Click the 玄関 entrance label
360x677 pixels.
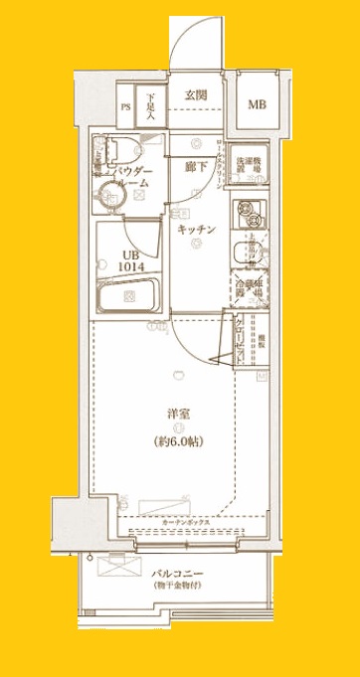[196, 95]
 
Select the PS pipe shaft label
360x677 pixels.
[126, 105]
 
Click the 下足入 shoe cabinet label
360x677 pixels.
[150, 104]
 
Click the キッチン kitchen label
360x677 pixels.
[197, 230]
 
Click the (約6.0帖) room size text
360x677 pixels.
[179, 440]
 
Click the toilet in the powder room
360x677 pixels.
[104, 150]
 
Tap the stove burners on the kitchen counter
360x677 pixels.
[246, 211]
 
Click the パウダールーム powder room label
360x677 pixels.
[136, 178]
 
